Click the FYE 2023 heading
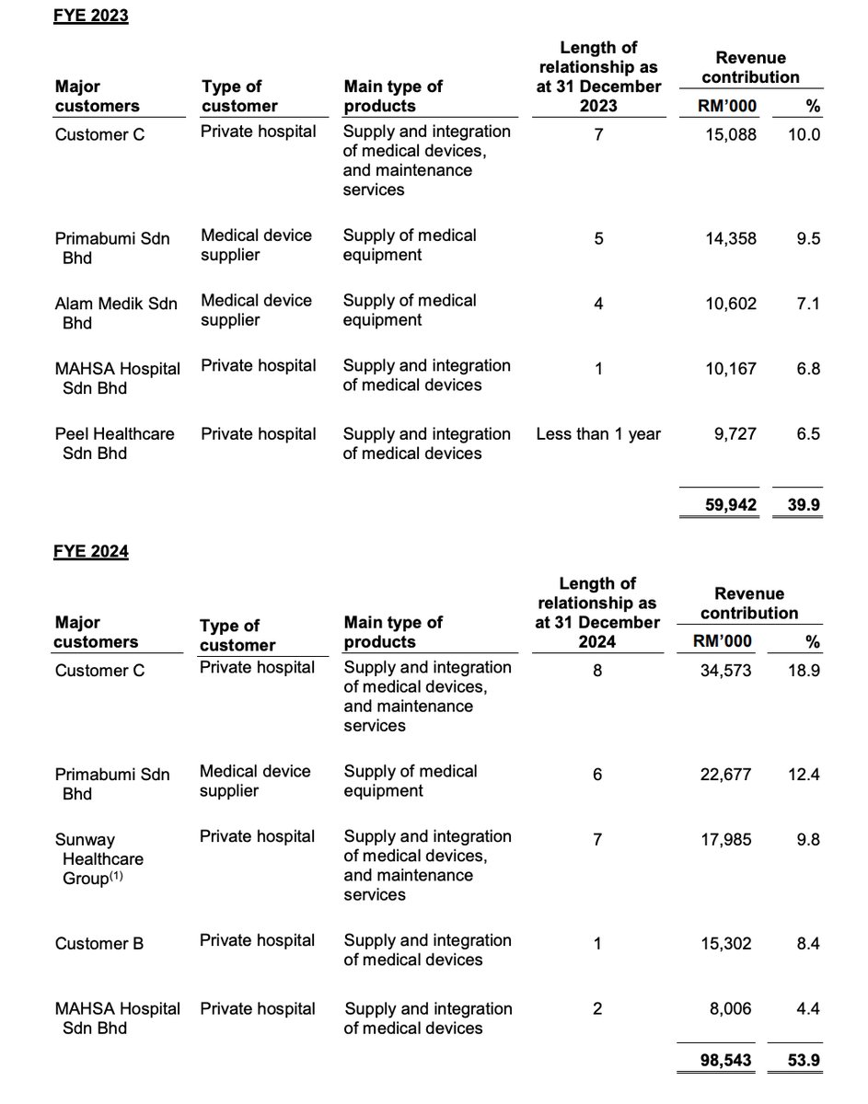tap(89, 16)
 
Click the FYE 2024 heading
tap(89, 552)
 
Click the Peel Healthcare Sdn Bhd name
tap(114, 443)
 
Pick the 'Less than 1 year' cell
tap(598, 434)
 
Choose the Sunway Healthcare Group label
tap(99, 859)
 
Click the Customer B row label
tap(99, 943)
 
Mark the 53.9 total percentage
tap(798, 1060)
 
